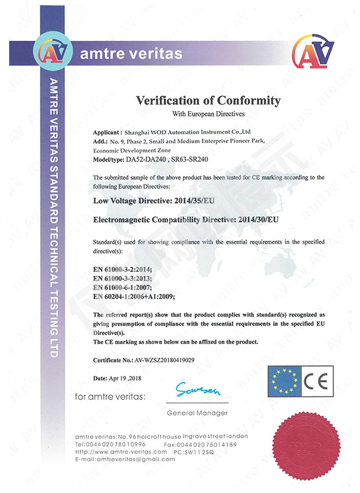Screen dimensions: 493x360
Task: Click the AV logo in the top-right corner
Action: tap(316, 55)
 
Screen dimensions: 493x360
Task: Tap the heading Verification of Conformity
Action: tap(208, 100)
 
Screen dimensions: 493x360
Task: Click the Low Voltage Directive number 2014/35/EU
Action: tap(206, 202)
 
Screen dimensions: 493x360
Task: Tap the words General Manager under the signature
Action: tap(197, 413)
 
